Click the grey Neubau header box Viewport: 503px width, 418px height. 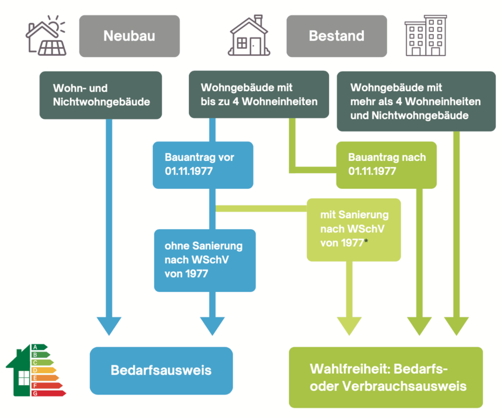point(129,36)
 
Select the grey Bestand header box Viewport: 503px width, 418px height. point(336,36)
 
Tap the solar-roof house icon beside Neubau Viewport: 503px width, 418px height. point(45,36)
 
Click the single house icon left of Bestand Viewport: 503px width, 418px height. point(250,36)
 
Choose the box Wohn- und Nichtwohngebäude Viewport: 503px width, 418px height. point(101,95)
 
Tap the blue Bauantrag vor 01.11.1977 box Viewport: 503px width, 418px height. point(203,165)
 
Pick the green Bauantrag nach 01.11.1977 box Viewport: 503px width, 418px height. point(386,165)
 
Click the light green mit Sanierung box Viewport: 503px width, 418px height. point(354,229)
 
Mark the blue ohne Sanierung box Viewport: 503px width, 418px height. point(205,260)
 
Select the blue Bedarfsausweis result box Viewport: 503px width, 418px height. point(161,370)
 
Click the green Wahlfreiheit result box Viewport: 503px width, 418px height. point(386,377)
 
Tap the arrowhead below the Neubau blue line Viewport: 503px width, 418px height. point(109,326)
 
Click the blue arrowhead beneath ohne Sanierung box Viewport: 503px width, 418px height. point(212,326)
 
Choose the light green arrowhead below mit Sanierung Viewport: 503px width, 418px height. point(350,326)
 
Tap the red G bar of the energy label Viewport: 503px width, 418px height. point(46,393)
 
